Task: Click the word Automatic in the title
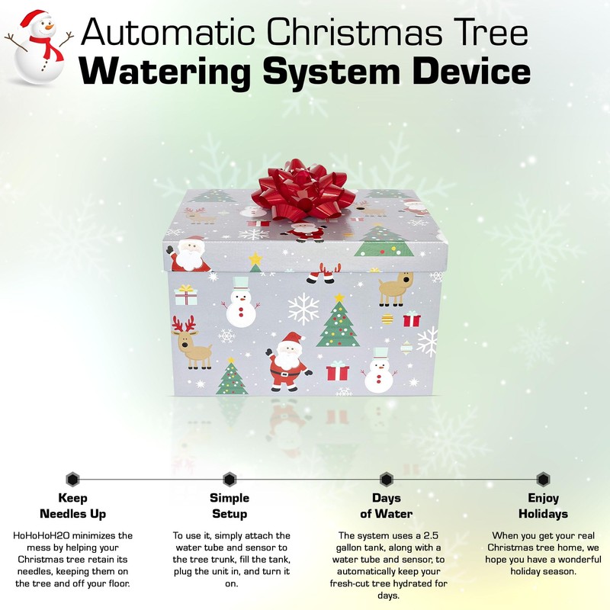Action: coord(165,33)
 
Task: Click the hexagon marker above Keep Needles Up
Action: coord(72,480)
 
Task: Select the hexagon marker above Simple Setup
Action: coord(230,480)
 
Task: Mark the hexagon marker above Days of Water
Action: coord(387,480)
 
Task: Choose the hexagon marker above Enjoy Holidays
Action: coord(543,480)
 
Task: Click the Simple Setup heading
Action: coord(230,506)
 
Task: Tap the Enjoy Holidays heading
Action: coord(543,506)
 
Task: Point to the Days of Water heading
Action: coord(387,506)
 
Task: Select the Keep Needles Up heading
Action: coord(72,506)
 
